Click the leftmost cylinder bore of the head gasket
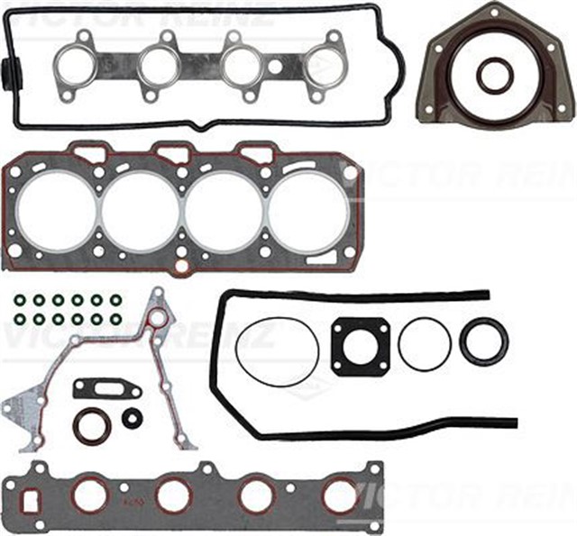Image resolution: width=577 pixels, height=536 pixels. coord(56,213)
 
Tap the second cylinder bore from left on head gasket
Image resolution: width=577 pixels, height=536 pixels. coord(140,213)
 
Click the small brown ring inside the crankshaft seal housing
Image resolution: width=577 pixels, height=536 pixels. coord(495,76)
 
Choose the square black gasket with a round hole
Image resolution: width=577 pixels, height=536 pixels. coord(360,347)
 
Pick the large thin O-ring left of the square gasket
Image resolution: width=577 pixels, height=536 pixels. coord(277,351)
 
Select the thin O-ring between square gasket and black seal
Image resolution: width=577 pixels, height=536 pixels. coord(425,343)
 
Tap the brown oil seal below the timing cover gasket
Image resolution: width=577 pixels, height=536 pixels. coord(91,426)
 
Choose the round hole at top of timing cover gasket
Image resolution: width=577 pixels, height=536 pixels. coord(158,318)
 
